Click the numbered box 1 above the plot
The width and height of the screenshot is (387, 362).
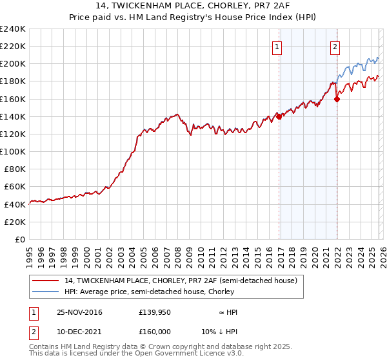277,46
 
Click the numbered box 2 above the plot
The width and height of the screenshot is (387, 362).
335,46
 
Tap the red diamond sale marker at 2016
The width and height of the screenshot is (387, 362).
279,117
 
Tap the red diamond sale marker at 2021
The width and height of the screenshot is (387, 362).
337,99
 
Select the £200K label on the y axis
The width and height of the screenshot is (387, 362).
13,64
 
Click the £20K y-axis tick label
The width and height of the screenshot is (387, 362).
15,222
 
